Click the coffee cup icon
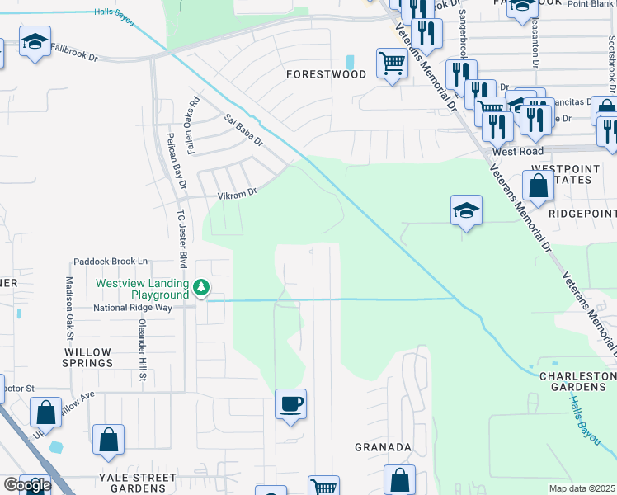[x=290, y=404]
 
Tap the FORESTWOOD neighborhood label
[x=326, y=74]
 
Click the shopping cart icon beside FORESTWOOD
[x=391, y=63]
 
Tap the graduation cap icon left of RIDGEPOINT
[x=466, y=210]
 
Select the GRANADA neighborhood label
[x=383, y=447]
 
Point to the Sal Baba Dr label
[x=243, y=130]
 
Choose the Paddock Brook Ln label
[x=110, y=262]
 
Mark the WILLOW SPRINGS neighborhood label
[x=87, y=357]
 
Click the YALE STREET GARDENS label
[x=132, y=483]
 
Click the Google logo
[x=26, y=485]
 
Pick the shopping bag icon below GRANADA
[x=399, y=479]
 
